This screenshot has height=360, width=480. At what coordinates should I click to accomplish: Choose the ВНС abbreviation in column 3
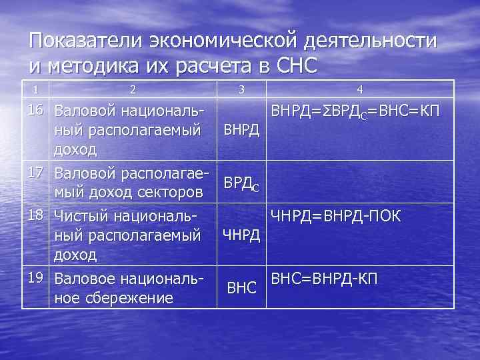pos(242,288)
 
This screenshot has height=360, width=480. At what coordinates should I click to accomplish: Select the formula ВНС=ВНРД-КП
pos(325,277)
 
